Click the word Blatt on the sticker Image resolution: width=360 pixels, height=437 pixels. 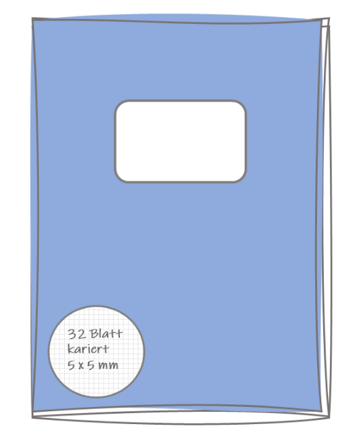[106, 334]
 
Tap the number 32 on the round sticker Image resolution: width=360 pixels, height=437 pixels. [77, 334]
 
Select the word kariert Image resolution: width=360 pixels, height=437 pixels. [88, 349]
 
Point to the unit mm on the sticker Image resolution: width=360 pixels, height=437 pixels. [108, 365]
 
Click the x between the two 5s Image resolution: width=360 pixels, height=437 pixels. [81, 365]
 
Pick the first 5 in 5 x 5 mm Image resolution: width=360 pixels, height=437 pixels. [72, 365]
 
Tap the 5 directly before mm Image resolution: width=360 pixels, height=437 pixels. [91, 365]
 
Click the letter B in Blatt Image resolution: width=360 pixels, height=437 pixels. [95, 334]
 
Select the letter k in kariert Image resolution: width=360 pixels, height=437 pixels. [71, 349]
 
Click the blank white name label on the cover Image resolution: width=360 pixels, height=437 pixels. [180, 141]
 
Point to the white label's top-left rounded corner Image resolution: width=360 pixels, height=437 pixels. [118, 104]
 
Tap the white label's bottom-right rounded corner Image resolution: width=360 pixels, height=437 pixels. [243, 179]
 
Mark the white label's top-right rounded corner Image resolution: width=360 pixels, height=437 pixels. [243, 104]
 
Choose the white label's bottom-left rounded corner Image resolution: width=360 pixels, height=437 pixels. [118, 179]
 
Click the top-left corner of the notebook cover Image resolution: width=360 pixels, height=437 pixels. [33, 18]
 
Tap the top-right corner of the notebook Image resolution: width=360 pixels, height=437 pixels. [329, 18]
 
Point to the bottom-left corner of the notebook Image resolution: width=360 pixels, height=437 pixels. [33, 417]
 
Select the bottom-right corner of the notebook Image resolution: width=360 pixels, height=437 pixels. [329, 417]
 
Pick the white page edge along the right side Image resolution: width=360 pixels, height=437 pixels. [326, 217]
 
